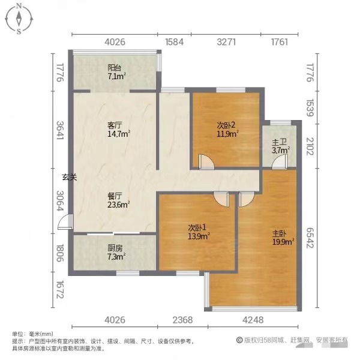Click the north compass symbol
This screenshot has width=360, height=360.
point(19,19)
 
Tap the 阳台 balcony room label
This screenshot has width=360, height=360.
point(115,68)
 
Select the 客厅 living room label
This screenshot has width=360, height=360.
point(115,125)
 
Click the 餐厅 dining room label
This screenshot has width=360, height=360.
point(115,196)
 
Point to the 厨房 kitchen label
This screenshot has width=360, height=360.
point(115,248)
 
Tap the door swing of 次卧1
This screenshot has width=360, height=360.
point(222,199)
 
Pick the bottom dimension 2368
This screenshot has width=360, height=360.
point(182,319)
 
